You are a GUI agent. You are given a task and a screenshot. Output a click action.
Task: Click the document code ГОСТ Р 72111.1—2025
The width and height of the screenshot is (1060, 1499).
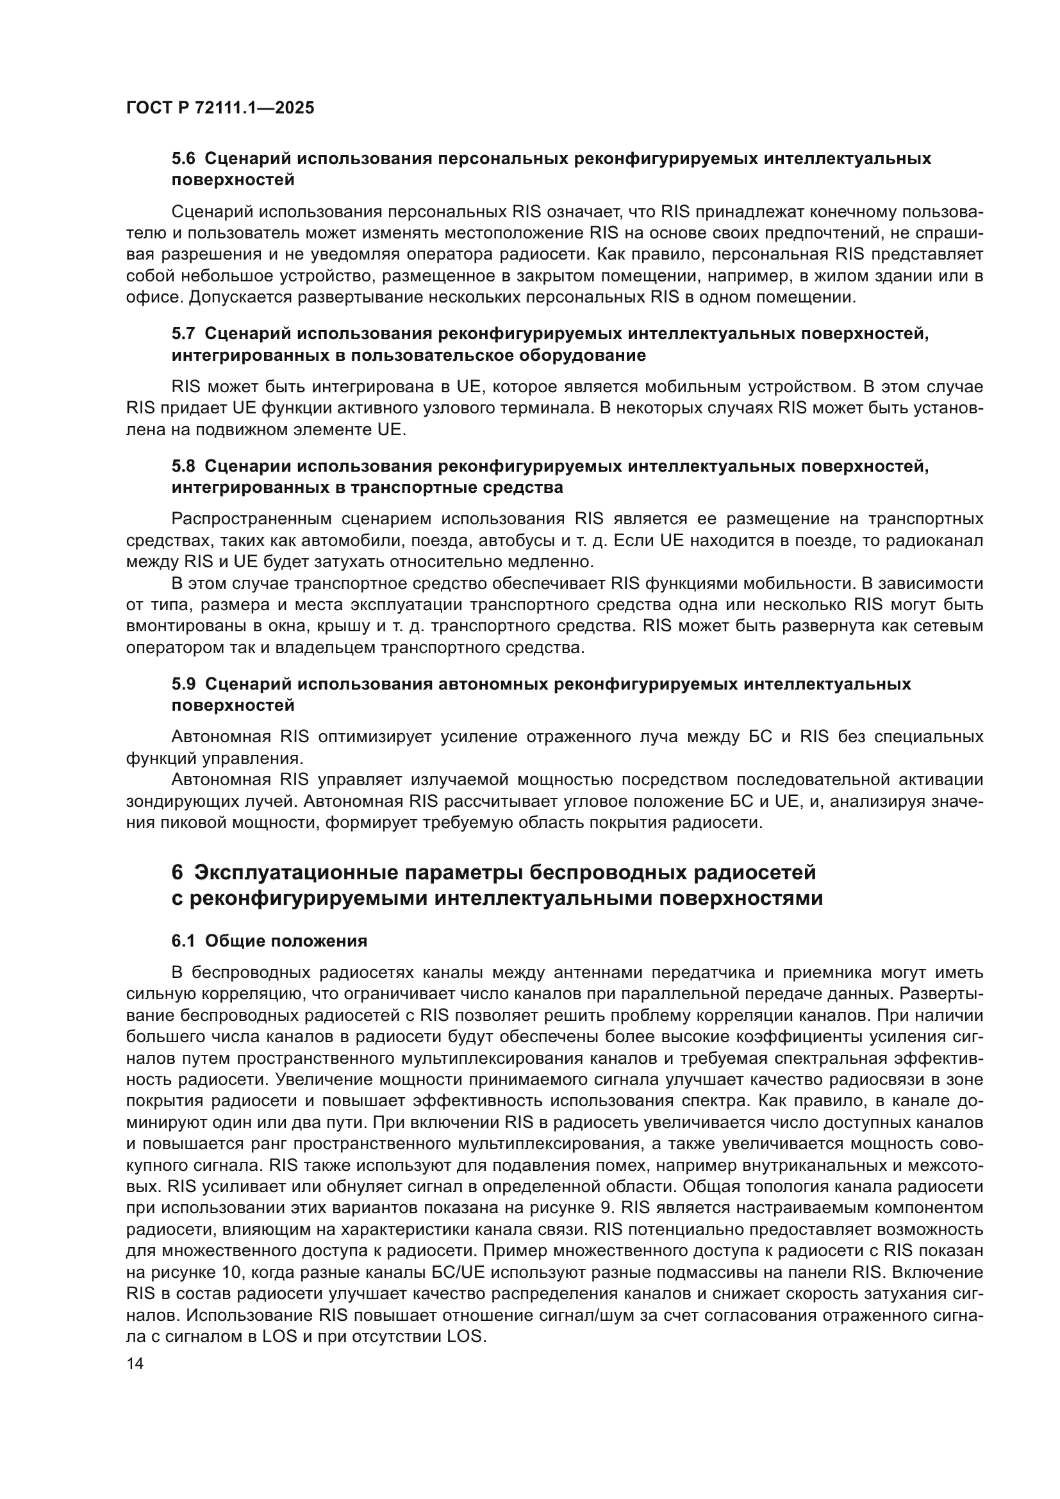(x=220, y=108)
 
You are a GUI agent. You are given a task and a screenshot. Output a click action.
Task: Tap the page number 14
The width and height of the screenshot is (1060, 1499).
(x=135, y=1364)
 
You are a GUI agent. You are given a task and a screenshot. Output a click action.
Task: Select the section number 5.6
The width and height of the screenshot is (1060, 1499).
(x=183, y=159)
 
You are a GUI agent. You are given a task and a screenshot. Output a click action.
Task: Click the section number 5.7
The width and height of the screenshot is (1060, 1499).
(x=183, y=334)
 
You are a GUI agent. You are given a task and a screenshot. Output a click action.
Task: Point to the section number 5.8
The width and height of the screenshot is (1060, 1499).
(x=183, y=466)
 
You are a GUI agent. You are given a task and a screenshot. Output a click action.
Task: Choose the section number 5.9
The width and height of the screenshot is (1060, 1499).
(x=183, y=684)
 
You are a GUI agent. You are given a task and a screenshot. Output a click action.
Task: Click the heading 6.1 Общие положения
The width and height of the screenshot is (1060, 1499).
(x=269, y=941)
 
